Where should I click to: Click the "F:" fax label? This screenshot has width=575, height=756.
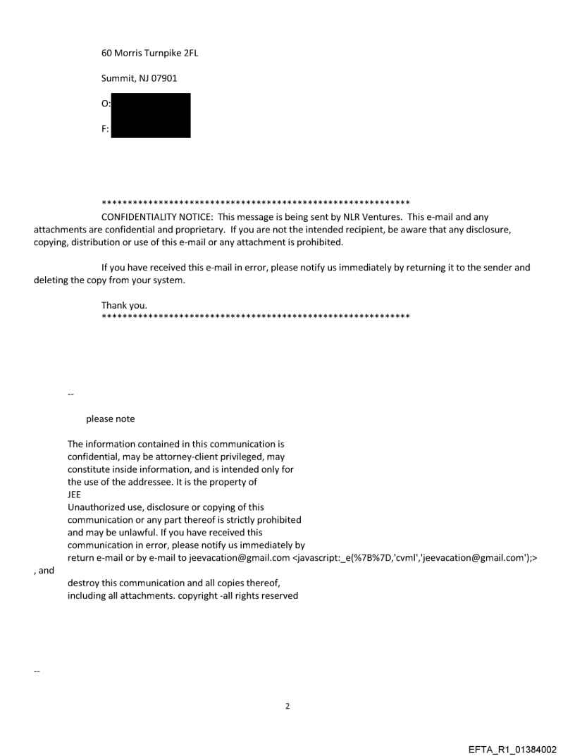[106, 130]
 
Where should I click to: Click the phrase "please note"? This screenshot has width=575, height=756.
[110, 419]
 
